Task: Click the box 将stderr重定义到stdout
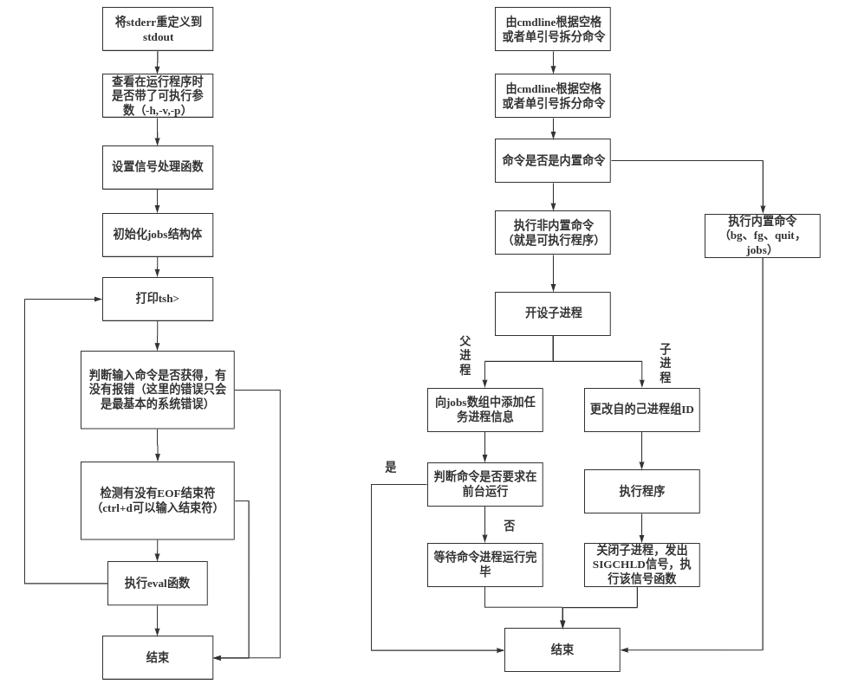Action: (157, 29)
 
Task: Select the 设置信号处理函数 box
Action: (157, 167)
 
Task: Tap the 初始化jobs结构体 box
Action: (157, 235)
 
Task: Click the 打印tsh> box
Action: (157, 299)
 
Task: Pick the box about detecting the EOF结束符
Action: (157, 500)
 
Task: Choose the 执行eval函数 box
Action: (157, 583)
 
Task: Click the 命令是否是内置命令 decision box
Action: (552, 160)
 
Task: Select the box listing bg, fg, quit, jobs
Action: (762, 236)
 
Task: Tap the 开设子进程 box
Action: (552, 313)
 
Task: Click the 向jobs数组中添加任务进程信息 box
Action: (484, 410)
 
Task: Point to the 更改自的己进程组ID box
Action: (641, 410)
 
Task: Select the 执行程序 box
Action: (641, 491)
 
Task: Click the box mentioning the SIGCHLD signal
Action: (641, 565)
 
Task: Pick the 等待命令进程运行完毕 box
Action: (484, 565)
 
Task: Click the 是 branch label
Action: (390, 468)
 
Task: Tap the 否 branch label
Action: (509, 526)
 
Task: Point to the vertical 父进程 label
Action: (465, 355)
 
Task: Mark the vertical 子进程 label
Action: (665, 363)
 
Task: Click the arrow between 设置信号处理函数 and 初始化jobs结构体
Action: (157, 201)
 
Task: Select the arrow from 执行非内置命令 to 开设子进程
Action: (553, 273)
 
